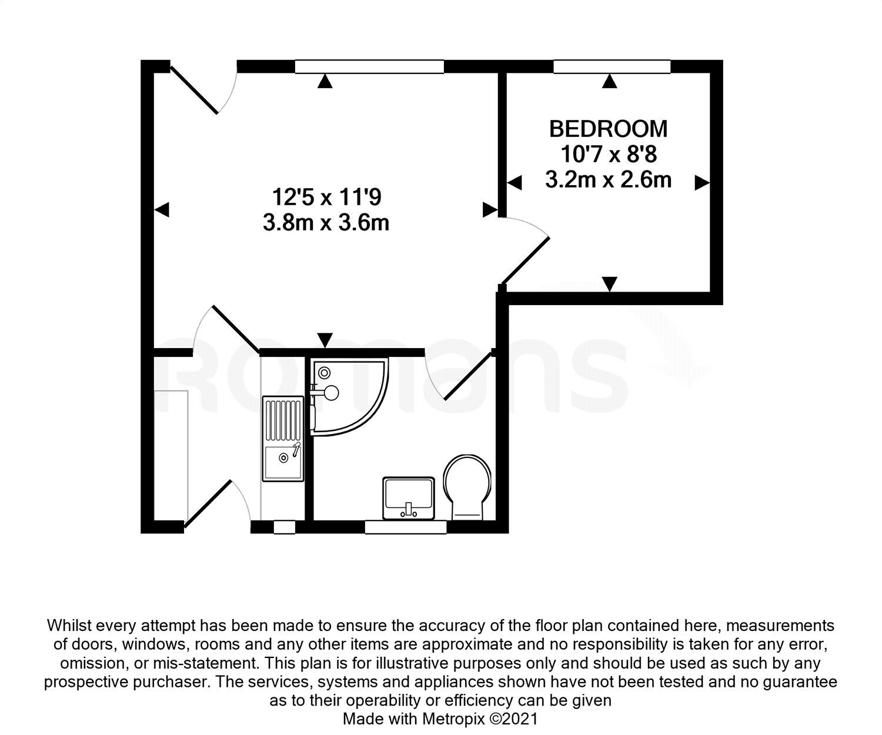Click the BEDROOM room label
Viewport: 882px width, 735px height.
tap(608, 129)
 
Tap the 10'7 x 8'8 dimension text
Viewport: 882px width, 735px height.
tap(609, 155)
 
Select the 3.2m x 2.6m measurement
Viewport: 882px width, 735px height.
tap(608, 179)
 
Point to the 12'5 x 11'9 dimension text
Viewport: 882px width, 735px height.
tap(326, 197)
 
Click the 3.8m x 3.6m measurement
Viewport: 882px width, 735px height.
tap(326, 223)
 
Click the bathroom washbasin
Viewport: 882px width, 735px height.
tap(409, 498)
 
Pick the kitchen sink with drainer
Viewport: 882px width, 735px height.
tap(283, 439)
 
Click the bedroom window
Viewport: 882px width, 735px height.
tap(612, 67)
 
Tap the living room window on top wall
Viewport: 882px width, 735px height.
tap(369, 67)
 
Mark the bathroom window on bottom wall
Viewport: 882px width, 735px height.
tap(406, 527)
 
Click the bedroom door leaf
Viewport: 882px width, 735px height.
tap(526, 260)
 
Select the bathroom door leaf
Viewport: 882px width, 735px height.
tap(469, 376)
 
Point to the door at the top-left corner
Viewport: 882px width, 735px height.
tap(194, 89)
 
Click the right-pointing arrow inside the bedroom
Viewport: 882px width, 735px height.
tap(702, 182)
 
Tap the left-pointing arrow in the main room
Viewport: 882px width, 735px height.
tap(161, 209)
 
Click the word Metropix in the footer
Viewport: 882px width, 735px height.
tap(454, 719)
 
